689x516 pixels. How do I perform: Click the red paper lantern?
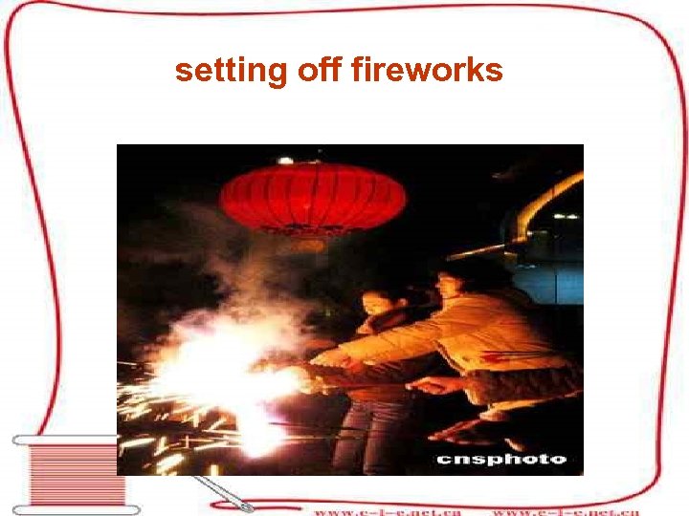click(x=312, y=197)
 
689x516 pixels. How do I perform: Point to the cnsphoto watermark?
click(x=502, y=459)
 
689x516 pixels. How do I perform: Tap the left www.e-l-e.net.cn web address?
click(x=387, y=510)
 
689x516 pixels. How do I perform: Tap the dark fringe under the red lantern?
click(x=306, y=233)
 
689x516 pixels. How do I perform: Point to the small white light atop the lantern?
click(x=284, y=160)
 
